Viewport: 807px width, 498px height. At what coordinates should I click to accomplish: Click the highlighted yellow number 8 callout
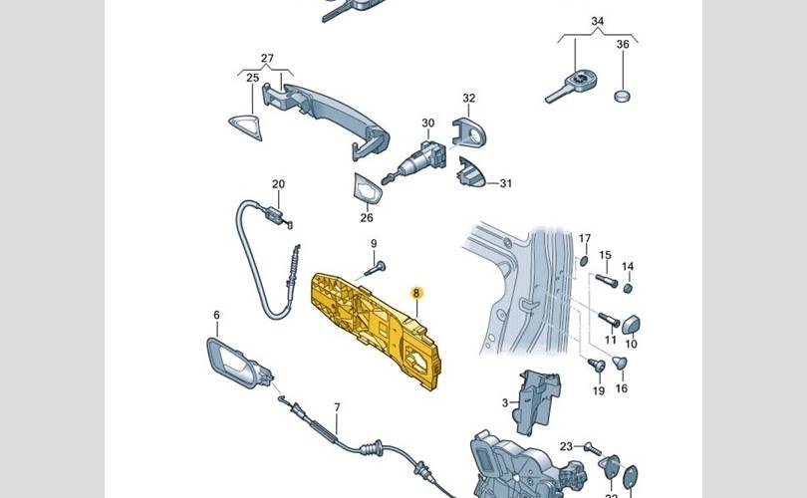(417, 293)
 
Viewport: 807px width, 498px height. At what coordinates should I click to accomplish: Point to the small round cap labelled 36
(624, 97)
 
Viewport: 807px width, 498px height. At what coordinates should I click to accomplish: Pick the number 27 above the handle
(267, 58)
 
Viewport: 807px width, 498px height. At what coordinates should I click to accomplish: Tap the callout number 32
(468, 98)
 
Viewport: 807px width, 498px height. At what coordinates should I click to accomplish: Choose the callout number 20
(278, 183)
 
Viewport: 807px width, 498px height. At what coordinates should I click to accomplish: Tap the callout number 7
(337, 407)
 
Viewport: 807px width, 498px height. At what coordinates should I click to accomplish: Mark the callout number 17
(585, 238)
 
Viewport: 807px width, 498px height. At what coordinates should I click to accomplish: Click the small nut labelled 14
(628, 288)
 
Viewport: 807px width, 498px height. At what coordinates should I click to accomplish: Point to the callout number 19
(599, 390)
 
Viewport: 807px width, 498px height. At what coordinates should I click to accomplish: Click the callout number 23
(566, 446)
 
